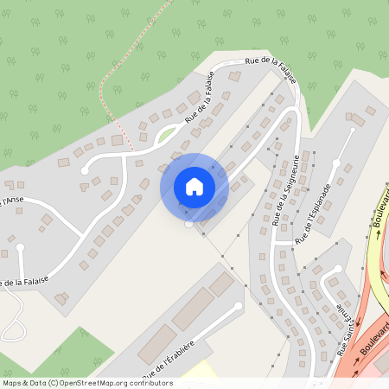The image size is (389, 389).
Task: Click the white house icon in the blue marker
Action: [x=194, y=186]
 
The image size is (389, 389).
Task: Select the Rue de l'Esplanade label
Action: [x=313, y=213]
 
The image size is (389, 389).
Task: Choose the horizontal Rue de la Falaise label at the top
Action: [x=271, y=67]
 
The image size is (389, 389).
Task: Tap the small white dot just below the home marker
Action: [x=189, y=224]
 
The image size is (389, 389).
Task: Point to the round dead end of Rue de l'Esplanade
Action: [x=353, y=132]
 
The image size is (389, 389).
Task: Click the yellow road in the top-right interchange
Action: [x=373, y=259]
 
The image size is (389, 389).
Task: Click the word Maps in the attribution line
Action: [x=12, y=383]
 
